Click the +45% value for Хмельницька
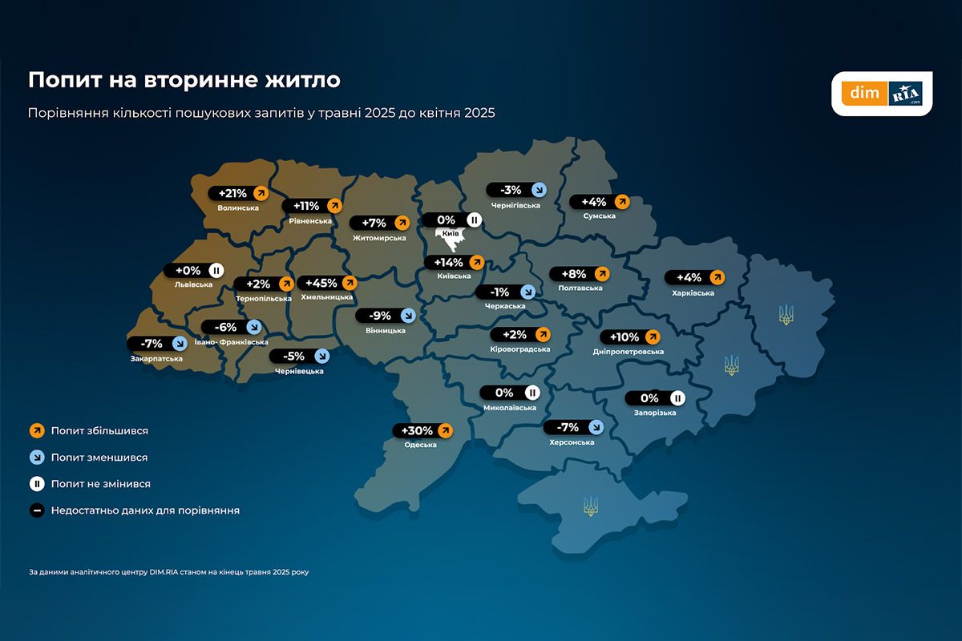tap(321, 283)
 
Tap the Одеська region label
tap(420, 445)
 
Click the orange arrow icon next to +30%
tap(446, 431)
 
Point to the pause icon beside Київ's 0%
tap(473, 220)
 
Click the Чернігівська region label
tap(513, 205)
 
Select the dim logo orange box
tap(864, 94)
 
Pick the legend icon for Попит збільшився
tap(36, 431)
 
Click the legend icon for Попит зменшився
tap(36, 458)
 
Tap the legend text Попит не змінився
tap(100, 484)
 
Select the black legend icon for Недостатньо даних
tap(36, 510)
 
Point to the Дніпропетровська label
tap(629, 352)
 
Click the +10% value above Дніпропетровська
tap(624, 337)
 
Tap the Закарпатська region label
tap(156, 358)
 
